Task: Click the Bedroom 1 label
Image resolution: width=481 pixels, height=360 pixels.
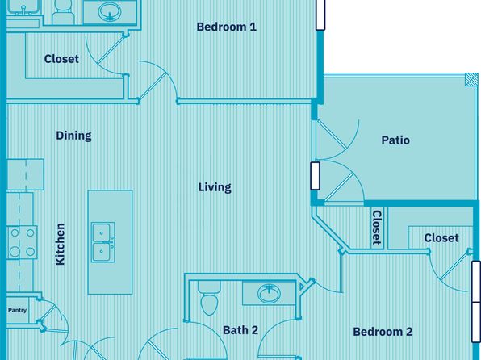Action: (226, 27)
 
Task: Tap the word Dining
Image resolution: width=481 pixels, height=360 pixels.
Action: (73, 136)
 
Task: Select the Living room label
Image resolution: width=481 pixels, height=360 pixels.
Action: (215, 187)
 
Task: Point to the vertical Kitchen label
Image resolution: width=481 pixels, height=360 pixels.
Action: (60, 244)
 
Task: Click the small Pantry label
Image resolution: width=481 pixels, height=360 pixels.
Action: (18, 309)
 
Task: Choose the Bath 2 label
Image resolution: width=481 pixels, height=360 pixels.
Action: (240, 330)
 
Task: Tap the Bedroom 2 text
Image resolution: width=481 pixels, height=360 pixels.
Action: (383, 332)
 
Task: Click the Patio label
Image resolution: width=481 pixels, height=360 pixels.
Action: (395, 140)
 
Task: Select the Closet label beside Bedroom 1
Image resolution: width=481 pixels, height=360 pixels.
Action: (61, 59)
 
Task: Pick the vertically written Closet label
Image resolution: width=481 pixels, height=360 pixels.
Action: (376, 227)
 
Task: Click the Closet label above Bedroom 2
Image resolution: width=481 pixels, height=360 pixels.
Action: (441, 238)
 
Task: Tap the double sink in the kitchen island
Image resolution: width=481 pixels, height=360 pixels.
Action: (102, 242)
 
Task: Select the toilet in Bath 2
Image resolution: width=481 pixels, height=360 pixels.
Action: (208, 300)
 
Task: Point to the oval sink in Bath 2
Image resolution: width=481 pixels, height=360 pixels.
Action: (269, 294)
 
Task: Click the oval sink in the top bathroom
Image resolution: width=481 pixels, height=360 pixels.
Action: (108, 12)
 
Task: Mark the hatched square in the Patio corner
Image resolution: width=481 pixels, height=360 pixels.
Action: (471, 82)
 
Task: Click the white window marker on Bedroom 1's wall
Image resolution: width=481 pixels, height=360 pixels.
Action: (320, 15)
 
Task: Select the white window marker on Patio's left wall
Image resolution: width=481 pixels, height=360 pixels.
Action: (314, 176)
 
